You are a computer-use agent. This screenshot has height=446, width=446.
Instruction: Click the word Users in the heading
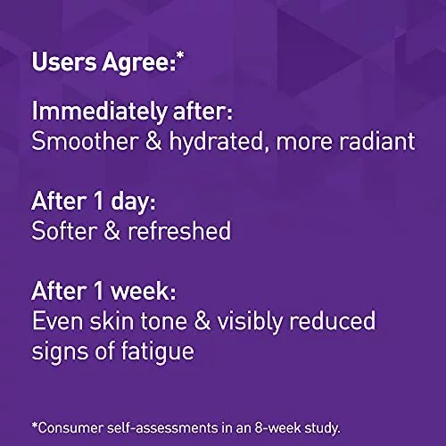click(64, 62)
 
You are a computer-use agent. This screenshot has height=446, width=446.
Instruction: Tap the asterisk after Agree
click(180, 55)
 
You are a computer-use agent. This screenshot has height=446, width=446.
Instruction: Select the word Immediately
click(99, 111)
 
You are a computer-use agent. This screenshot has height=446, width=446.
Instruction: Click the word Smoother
click(85, 141)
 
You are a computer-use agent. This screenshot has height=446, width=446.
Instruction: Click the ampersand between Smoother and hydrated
click(153, 141)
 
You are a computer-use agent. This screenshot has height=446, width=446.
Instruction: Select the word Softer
click(64, 230)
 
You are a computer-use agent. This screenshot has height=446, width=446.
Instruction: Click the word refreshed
click(179, 230)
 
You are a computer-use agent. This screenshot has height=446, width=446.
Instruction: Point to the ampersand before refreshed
click(112, 231)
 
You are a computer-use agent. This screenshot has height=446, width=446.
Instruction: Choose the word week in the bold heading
click(142, 291)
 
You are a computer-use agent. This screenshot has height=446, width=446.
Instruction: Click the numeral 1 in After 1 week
click(98, 291)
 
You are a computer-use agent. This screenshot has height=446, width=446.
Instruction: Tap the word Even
click(58, 321)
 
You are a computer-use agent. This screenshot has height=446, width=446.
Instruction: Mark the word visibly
click(250, 322)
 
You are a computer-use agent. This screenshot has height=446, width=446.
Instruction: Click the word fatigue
click(157, 351)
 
